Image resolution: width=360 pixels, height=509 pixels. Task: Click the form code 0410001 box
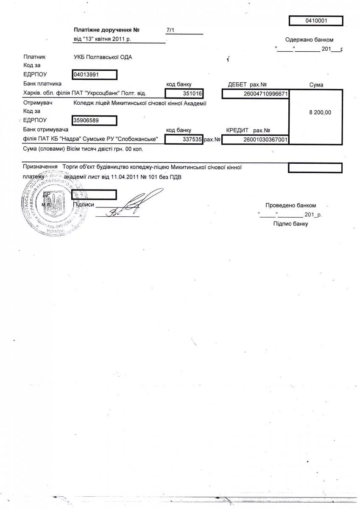(x=316, y=20)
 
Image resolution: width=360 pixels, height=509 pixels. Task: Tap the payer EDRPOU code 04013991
(x=95, y=75)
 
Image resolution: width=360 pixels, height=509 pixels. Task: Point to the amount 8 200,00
(x=321, y=112)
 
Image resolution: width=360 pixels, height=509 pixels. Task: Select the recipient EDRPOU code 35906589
(x=95, y=120)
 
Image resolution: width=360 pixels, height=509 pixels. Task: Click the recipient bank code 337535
(x=184, y=139)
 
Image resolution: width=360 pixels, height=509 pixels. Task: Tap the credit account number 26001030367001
(x=255, y=139)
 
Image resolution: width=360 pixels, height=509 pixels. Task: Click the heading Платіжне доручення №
(x=106, y=30)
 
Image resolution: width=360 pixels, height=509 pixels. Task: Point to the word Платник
(x=34, y=57)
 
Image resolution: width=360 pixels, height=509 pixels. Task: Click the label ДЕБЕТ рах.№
(x=247, y=84)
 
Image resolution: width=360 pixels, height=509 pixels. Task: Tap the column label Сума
(x=316, y=85)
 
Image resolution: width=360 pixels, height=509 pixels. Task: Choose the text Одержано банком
(x=309, y=40)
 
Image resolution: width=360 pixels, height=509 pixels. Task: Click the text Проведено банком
(x=290, y=205)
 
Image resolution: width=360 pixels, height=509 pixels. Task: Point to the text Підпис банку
(x=290, y=224)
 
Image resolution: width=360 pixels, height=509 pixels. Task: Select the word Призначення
(x=40, y=167)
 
